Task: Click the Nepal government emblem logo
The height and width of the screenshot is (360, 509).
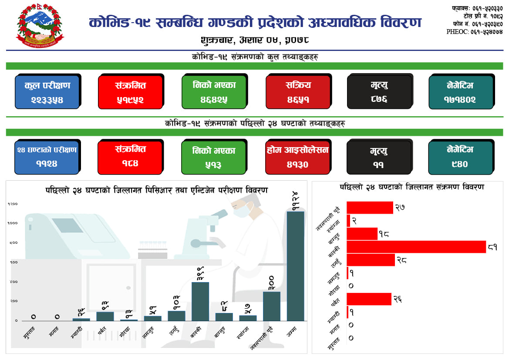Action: tap(40, 27)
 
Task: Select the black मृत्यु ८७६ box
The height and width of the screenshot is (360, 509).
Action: tap(379, 92)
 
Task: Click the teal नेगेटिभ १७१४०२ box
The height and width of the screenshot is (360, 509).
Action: tap(461, 92)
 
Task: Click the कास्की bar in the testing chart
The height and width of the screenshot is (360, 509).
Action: tap(200, 301)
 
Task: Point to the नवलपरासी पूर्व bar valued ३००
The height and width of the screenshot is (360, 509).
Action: tap(271, 306)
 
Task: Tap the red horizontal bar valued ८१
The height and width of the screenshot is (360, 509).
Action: tap(416, 247)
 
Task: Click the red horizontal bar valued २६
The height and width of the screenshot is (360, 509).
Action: tap(369, 299)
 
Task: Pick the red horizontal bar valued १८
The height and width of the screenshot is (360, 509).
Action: tap(362, 234)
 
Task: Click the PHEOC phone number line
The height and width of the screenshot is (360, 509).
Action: tap(475, 32)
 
